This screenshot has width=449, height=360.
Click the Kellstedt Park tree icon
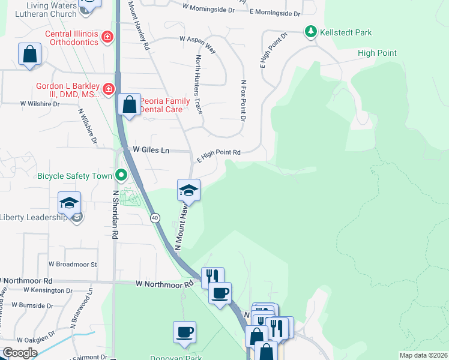310,32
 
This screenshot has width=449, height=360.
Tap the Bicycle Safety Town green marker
121,176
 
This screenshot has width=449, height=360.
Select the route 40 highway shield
155,218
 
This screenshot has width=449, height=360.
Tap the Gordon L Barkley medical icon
109,90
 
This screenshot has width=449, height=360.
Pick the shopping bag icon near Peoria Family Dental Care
130,105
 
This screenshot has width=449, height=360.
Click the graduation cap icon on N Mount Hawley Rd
188,190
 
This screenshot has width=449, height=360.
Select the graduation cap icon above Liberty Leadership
70,203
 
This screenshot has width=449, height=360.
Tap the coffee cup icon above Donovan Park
185,332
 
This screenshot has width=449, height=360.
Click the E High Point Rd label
218,153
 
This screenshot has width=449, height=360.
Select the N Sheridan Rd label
114,215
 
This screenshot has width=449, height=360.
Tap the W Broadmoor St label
73,264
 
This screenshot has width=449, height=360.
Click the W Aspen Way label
197,39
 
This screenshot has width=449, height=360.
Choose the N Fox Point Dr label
244,100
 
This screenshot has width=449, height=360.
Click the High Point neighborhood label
377,53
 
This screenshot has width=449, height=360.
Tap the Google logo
20,353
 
